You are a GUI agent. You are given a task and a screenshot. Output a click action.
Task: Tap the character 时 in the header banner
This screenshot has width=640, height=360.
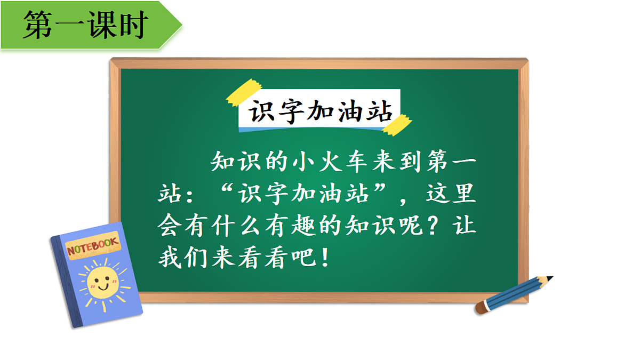(133, 25)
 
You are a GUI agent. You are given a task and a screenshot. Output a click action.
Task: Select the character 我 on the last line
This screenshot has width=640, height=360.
(171, 260)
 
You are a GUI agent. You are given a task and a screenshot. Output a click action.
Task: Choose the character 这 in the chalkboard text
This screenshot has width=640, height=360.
(437, 194)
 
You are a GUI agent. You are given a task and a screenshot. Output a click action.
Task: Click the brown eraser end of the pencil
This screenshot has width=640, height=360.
(481, 308)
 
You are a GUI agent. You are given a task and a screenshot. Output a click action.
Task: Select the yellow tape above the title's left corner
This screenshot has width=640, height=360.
(243, 92)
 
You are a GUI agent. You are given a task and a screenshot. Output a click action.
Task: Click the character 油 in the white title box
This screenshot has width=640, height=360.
(350, 113)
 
